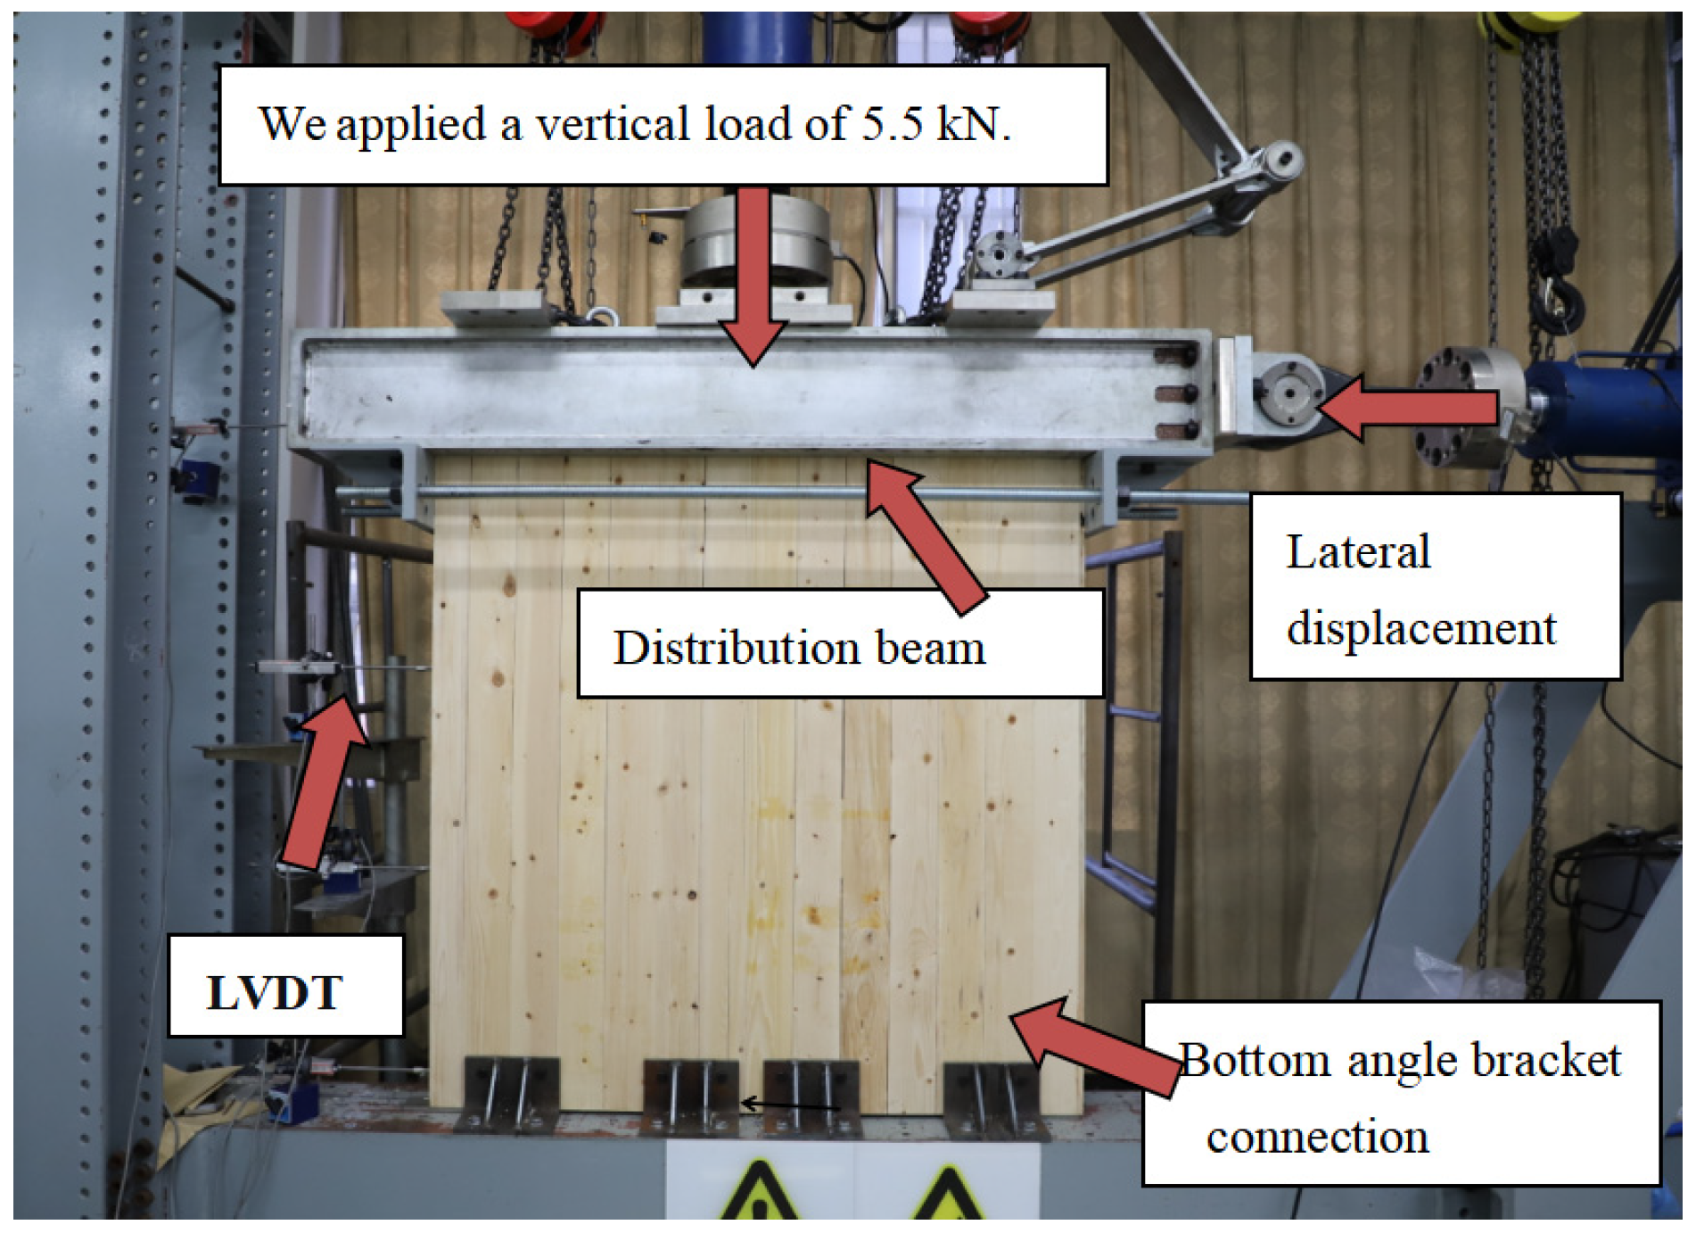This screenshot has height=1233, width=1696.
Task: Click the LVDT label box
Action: point(285,986)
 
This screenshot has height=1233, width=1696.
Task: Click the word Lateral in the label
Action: point(1357,551)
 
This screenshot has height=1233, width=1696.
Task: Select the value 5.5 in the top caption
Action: point(891,123)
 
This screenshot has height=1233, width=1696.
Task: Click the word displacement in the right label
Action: point(1420,628)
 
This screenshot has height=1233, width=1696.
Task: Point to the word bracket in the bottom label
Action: point(1546,1060)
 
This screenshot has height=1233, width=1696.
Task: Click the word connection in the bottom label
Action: point(1317,1137)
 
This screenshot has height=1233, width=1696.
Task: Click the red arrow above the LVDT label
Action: point(323,781)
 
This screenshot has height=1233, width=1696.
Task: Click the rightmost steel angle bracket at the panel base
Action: point(992,1100)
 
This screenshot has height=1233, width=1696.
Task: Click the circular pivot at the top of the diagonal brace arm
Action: point(1281,161)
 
